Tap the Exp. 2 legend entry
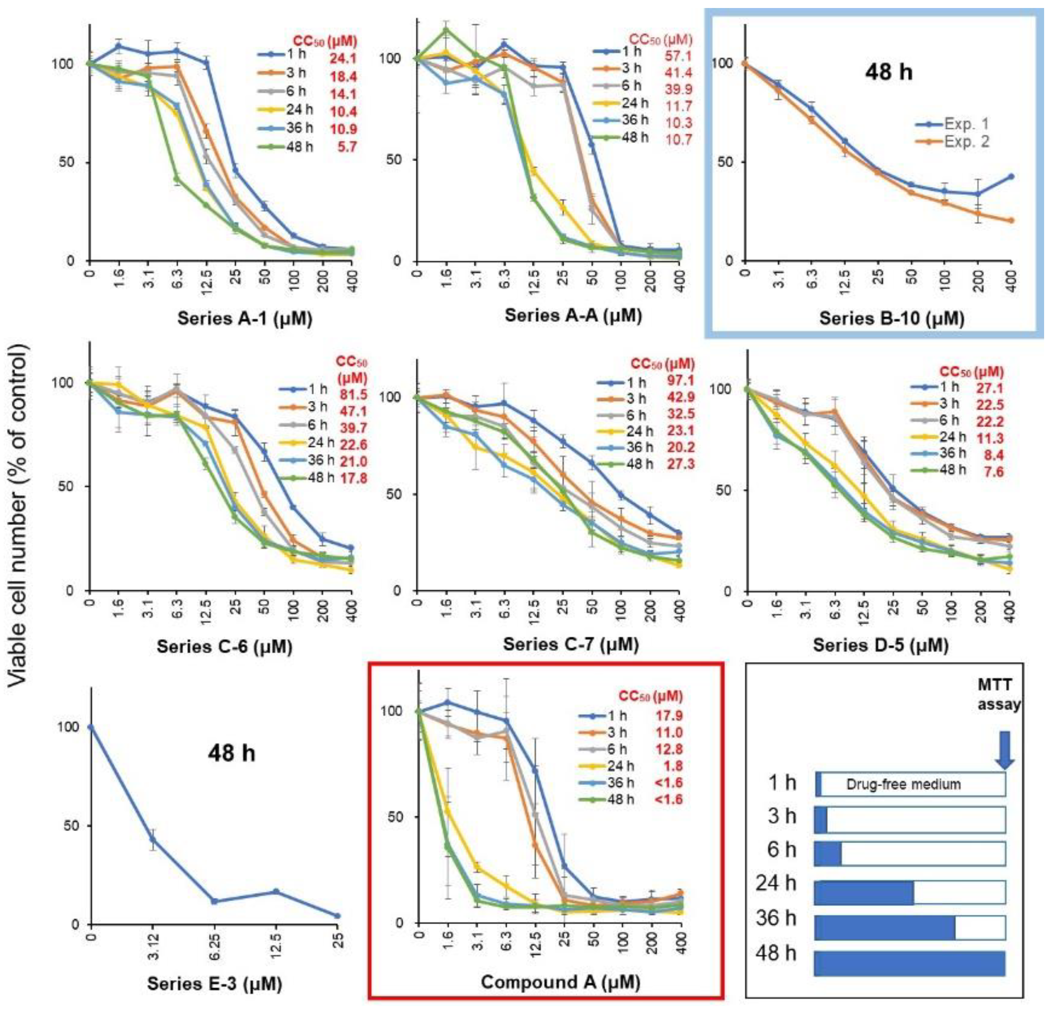(x=966, y=142)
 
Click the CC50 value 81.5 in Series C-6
(x=353, y=394)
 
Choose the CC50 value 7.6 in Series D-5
(x=993, y=471)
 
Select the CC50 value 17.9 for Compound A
(x=668, y=715)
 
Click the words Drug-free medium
(x=903, y=784)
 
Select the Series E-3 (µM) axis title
(x=214, y=983)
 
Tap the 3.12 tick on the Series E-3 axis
(x=153, y=952)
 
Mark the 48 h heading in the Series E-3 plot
(x=232, y=753)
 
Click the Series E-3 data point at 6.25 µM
(x=214, y=901)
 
